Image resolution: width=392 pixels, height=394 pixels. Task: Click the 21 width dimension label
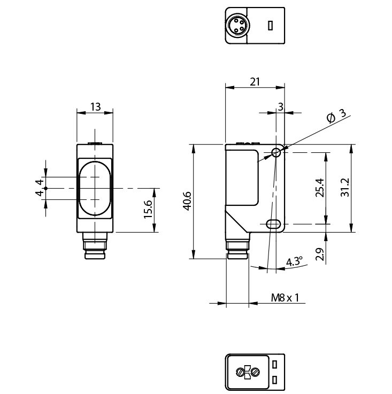(x=255, y=81)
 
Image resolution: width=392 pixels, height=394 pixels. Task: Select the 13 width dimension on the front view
(x=95, y=106)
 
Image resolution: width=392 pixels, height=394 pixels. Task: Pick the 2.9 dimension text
(x=319, y=254)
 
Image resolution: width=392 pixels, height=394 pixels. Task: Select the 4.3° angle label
(x=294, y=261)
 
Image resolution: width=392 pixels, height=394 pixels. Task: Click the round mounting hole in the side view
(x=276, y=153)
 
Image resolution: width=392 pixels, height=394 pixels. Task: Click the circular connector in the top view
(x=236, y=25)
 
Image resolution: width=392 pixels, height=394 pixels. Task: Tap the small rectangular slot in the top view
(x=271, y=25)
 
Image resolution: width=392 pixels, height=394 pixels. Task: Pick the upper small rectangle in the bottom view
(x=274, y=365)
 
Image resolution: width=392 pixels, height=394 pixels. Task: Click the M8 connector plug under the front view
(x=95, y=248)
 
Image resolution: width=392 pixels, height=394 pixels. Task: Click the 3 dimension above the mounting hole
(x=280, y=106)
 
